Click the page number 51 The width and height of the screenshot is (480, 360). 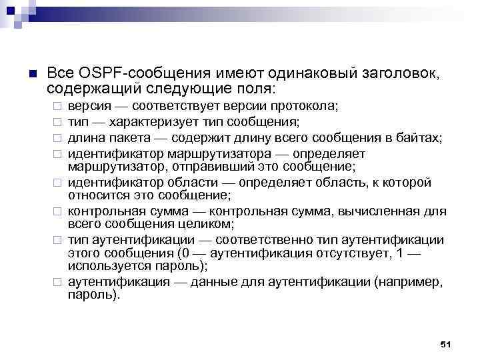point(446,343)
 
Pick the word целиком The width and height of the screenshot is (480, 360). point(203,223)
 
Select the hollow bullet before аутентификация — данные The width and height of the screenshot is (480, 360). point(57,283)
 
